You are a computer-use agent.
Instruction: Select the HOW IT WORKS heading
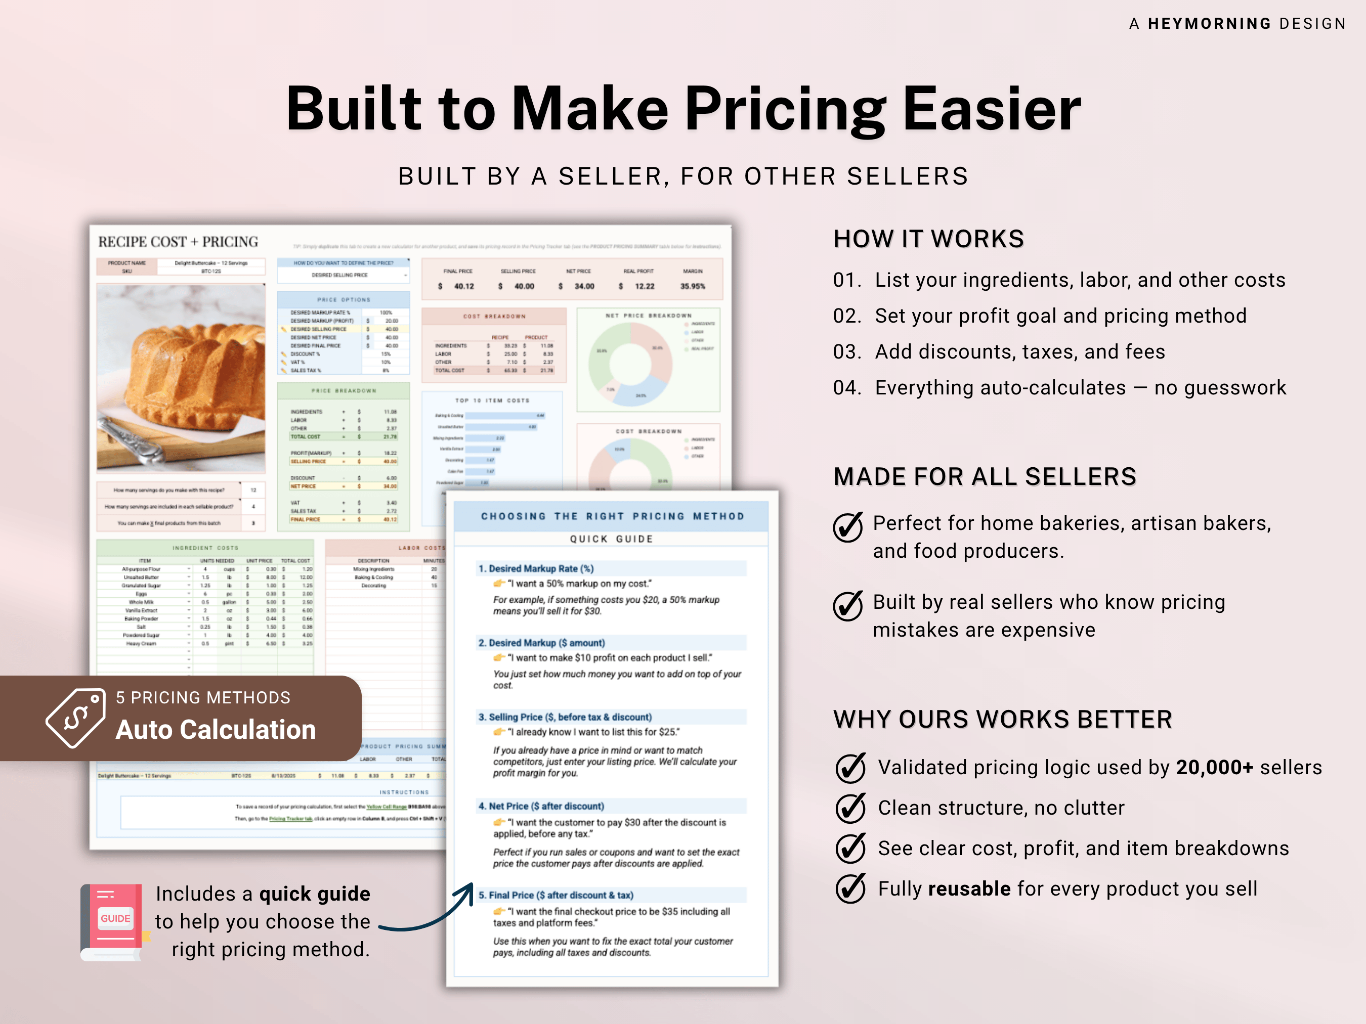(x=928, y=239)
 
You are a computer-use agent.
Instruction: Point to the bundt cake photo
(x=181, y=378)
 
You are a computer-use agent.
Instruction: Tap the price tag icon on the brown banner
(x=76, y=718)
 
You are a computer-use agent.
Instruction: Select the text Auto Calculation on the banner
(x=216, y=730)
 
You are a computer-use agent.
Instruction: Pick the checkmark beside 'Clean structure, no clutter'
(x=850, y=808)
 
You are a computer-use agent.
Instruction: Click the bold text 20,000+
(x=1214, y=767)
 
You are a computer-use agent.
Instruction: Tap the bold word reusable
(x=969, y=889)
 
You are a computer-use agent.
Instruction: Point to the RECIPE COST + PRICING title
(x=178, y=242)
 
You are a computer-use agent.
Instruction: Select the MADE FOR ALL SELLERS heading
(x=985, y=476)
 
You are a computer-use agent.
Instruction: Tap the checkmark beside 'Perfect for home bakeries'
(x=848, y=526)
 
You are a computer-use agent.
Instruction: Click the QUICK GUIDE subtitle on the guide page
(x=611, y=539)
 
